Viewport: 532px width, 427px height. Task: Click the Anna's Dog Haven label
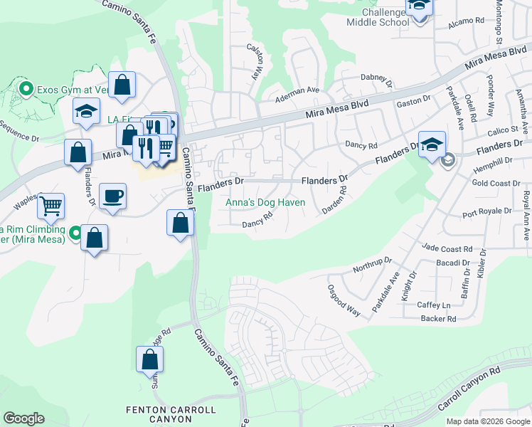[265, 203]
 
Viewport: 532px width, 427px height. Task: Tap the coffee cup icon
[112, 196]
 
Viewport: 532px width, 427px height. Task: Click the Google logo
[23, 418]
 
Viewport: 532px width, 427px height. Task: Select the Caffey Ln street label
[433, 305]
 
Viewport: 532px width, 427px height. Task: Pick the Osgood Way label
[344, 300]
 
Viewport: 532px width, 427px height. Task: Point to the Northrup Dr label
[372, 265]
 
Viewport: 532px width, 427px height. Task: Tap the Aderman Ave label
[298, 90]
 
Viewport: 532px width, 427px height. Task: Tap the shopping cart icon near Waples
[50, 206]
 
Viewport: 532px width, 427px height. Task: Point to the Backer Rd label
[437, 319]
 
